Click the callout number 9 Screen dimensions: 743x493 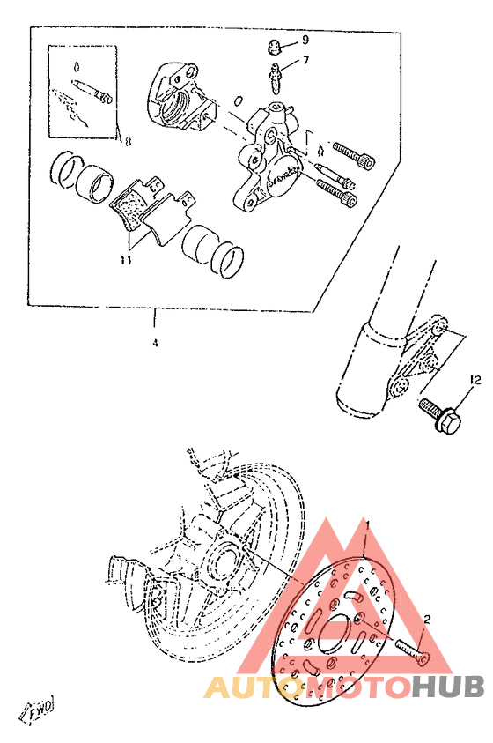tap(305, 41)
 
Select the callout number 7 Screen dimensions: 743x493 tap(305, 61)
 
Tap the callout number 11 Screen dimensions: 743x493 tap(126, 261)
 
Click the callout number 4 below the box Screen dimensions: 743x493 tap(155, 342)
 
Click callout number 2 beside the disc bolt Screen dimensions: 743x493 tap(427, 620)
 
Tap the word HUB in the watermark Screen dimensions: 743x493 tap(445, 687)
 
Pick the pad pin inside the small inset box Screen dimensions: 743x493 tap(90, 91)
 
